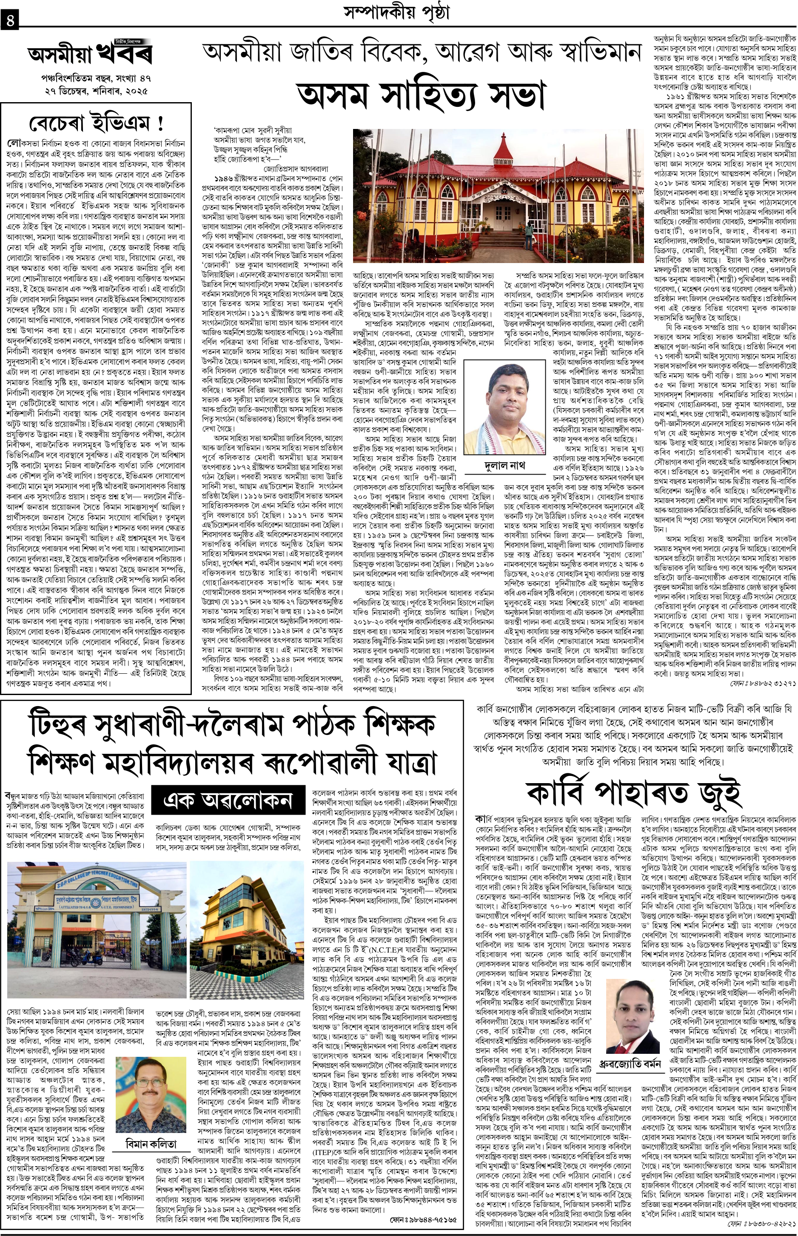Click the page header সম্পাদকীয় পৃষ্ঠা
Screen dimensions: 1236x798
(397, 11)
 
